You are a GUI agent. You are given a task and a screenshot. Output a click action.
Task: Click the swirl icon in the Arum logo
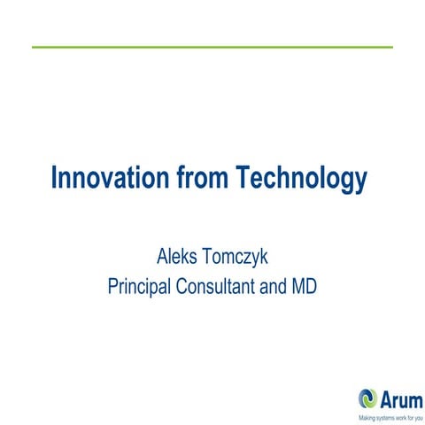[x=367, y=398]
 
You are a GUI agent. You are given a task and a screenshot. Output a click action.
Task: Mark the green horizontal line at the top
[x=212, y=46]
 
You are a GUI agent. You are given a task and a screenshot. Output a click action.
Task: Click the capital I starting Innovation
[x=55, y=178]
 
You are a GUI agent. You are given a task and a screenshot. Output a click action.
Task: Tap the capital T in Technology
[x=243, y=178]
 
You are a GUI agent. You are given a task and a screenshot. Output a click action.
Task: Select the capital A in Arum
[x=387, y=398]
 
